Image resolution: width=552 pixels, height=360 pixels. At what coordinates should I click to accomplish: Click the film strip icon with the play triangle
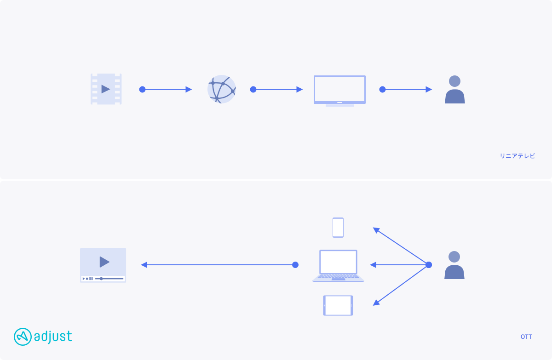(x=106, y=89)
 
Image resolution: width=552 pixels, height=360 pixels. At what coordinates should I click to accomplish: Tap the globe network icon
(x=222, y=89)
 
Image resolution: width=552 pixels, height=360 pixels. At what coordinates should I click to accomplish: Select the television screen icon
(x=339, y=91)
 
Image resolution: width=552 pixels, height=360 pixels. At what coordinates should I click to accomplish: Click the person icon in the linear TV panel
(x=454, y=89)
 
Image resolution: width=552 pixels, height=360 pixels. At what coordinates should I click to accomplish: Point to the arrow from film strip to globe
(x=165, y=89)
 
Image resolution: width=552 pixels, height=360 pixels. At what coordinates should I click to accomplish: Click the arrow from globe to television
(x=276, y=89)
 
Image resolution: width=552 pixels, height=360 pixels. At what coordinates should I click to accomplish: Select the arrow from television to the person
(x=406, y=89)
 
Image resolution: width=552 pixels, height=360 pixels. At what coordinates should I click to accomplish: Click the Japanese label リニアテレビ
(x=517, y=156)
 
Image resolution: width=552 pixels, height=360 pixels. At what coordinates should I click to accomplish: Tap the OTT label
(x=526, y=337)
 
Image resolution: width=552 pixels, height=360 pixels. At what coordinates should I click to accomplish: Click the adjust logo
(x=43, y=337)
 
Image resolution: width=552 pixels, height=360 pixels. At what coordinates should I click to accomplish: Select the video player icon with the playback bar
(x=103, y=265)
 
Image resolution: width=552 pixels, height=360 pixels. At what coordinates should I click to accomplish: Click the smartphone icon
(x=338, y=228)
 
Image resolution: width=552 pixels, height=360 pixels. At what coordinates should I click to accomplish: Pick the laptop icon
(x=338, y=266)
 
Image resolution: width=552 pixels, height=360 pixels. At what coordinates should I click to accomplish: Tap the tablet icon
(x=338, y=305)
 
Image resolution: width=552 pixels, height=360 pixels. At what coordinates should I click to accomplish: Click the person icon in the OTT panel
(x=454, y=265)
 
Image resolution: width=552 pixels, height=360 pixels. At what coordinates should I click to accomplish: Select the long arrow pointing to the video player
(x=219, y=265)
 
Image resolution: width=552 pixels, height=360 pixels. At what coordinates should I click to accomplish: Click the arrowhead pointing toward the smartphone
(x=376, y=230)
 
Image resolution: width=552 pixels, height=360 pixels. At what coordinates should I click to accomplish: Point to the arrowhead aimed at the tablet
(x=376, y=303)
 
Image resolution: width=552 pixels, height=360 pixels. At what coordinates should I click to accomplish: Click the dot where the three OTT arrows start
(x=429, y=265)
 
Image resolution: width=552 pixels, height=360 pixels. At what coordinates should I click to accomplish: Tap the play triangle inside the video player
(x=104, y=262)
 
